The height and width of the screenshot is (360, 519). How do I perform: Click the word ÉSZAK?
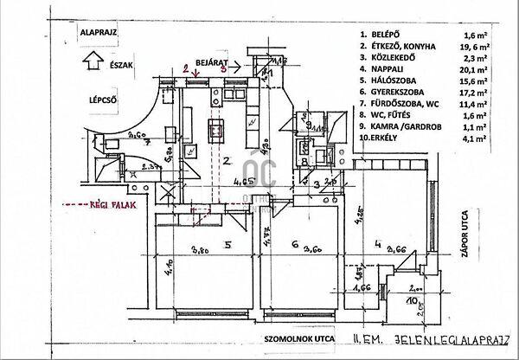(x=122, y=64)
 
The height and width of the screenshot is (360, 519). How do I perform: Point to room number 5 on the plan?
(x=227, y=245)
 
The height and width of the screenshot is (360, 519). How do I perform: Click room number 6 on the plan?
(x=295, y=246)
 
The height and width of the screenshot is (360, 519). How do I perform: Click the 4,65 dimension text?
(x=245, y=183)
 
